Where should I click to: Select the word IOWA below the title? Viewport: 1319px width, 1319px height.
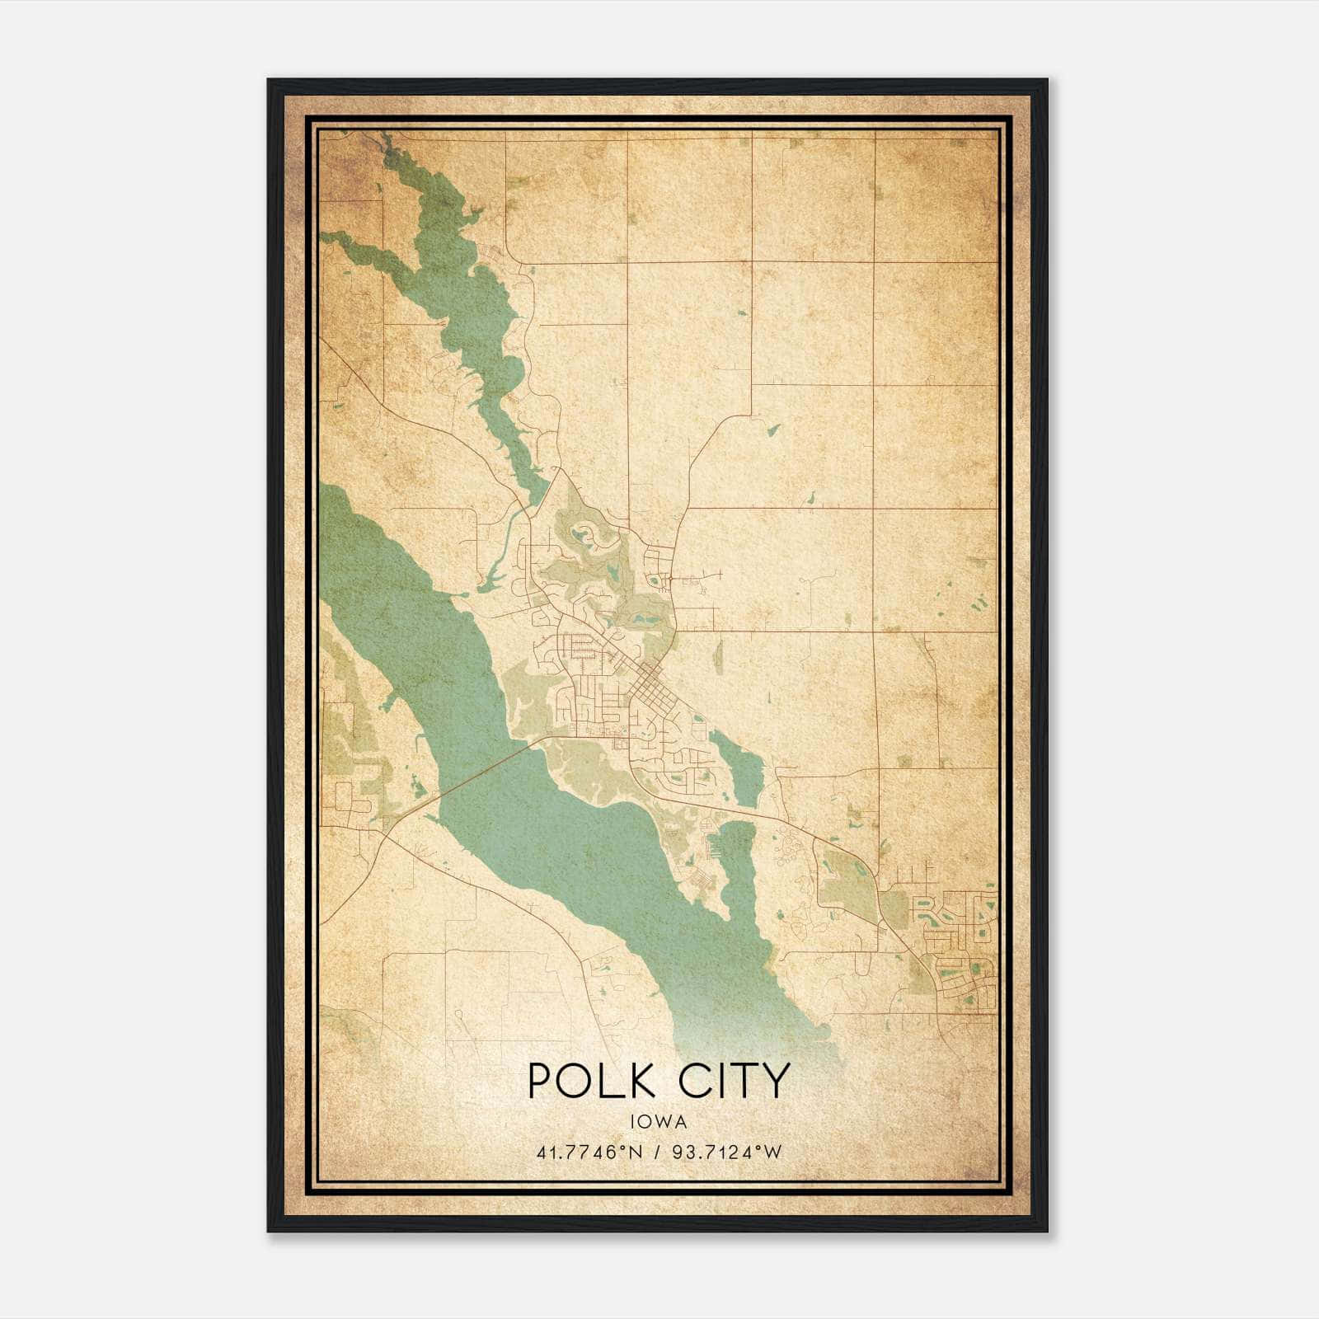tap(658, 1122)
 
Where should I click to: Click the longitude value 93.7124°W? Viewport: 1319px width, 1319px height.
tap(725, 1152)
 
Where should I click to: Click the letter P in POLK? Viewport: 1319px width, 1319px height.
tap(538, 1081)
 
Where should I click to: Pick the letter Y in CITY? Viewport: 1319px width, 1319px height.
tap(776, 1081)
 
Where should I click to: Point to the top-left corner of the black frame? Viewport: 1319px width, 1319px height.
tap(269, 80)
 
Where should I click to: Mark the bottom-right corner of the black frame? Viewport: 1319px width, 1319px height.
tap(1047, 1231)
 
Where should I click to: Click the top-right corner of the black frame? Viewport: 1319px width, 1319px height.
tap(1047, 80)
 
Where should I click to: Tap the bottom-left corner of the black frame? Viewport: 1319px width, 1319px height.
tap(269, 1231)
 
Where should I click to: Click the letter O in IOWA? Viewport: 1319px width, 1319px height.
tap(649, 1122)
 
